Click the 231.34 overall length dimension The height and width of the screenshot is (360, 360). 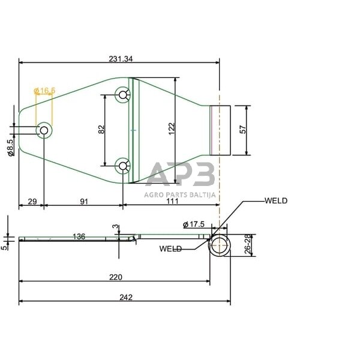[x=121, y=59]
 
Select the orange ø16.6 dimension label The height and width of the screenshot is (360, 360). [x=45, y=91]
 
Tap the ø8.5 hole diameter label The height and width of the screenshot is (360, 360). [x=11, y=147]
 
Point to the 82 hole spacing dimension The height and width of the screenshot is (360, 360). [x=101, y=128]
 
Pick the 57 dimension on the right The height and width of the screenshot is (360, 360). [x=242, y=129]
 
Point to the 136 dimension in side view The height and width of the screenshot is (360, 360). [x=79, y=236]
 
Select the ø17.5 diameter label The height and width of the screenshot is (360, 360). [x=194, y=224]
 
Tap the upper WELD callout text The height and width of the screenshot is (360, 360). [x=276, y=200]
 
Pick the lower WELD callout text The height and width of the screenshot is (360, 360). [x=172, y=248]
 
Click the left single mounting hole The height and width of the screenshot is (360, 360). [x=44, y=130]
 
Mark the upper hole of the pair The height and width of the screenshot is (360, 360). [x=123, y=94]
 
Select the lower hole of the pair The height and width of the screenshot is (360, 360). [x=123, y=165]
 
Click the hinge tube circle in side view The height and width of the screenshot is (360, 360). [x=220, y=246]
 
